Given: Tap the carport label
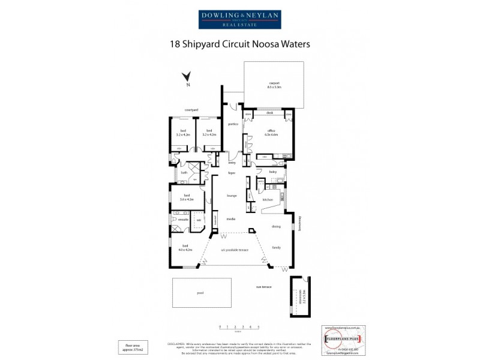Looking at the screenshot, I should tap(274, 85).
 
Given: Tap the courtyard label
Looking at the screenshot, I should tap(191, 110).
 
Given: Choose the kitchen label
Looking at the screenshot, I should tap(268, 199).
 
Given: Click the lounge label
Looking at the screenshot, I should tap(232, 196).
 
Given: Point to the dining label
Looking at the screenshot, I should tap(276, 226).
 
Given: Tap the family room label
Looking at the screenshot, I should tap(277, 247).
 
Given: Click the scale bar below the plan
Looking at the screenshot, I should tap(239, 327).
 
